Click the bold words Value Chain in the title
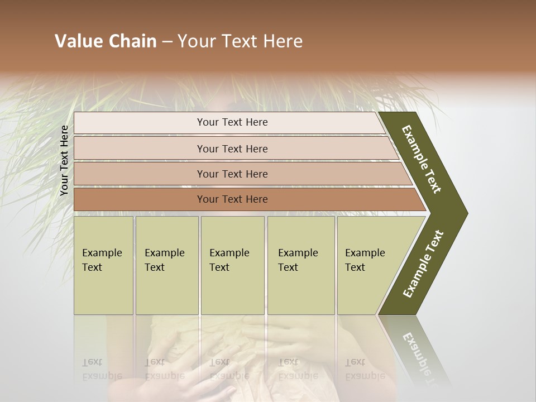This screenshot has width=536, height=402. click(106, 41)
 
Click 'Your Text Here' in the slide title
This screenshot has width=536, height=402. click(240, 41)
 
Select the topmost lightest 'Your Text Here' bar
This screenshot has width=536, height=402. click(232, 122)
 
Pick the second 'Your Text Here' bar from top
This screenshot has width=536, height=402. click(232, 149)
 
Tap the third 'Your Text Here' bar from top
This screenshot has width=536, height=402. click(232, 174)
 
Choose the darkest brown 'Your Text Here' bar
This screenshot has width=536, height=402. click(232, 199)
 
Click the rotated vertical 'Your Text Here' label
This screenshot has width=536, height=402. click(64, 160)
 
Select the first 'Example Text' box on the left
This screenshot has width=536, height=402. click(103, 265)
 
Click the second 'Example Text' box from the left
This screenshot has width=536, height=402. click(166, 265)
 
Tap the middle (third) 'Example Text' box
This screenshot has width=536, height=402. click(232, 265)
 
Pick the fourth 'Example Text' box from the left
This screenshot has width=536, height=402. click(300, 265)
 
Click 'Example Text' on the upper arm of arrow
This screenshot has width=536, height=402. click(422, 159)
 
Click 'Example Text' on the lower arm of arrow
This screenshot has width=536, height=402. click(423, 264)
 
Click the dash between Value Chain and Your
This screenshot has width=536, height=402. click(166, 42)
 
